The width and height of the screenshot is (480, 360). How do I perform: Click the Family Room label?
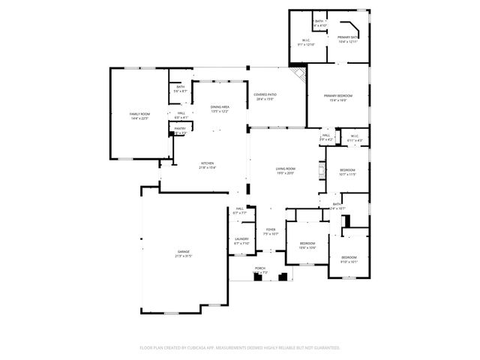click(140, 113)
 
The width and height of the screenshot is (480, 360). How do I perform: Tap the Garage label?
click(183, 251)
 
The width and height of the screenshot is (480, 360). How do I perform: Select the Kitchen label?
click(208, 163)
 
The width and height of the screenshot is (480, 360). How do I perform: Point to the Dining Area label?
click(220, 107)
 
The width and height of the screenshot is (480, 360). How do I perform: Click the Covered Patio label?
click(265, 94)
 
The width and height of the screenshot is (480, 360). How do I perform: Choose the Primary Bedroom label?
click(338, 96)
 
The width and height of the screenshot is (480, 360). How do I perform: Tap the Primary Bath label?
click(348, 37)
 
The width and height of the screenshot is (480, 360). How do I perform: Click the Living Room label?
click(285, 169)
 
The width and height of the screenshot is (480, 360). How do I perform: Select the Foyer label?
click(271, 229)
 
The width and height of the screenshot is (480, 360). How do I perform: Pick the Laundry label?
click(241, 239)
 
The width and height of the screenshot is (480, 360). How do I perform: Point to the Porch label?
click(260, 268)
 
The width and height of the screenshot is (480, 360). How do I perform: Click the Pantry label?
click(180, 128)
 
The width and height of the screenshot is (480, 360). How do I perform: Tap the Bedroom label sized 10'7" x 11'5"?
click(346, 170)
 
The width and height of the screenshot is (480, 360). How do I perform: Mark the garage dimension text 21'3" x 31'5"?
click(183, 256)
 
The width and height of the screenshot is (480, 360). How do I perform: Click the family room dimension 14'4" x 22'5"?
click(140, 118)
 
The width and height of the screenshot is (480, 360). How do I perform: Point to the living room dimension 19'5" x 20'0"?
click(285, 174)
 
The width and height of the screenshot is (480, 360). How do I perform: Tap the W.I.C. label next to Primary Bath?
click(306, 40)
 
